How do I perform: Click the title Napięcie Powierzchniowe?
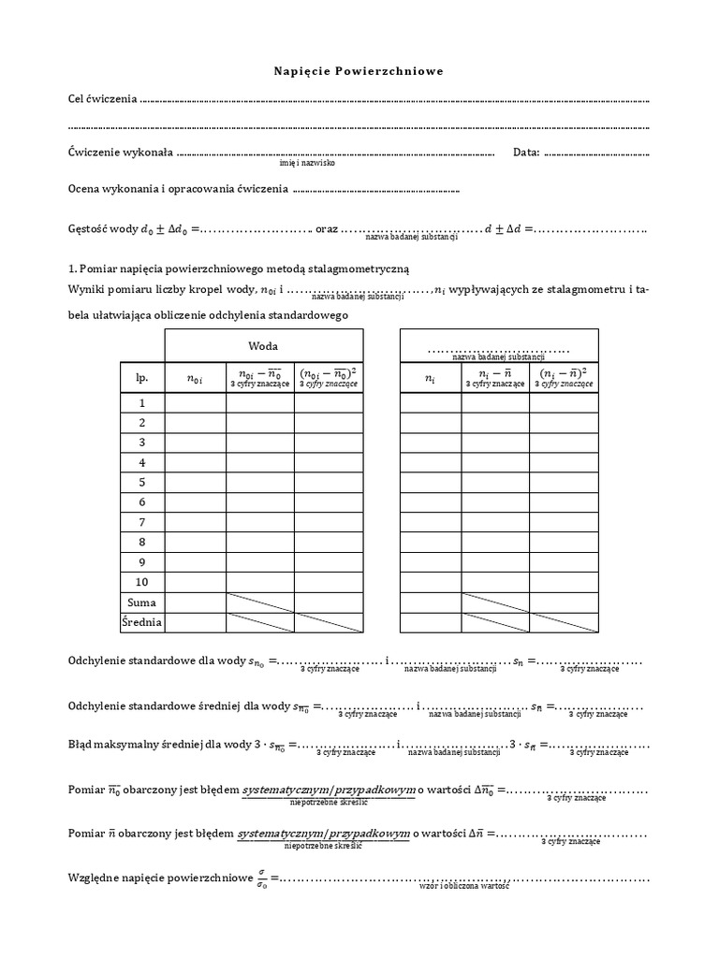click(359, 71)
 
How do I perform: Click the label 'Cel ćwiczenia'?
click(103, 98)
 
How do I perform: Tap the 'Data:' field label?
click(527, 152)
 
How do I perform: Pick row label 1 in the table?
click(142, 403)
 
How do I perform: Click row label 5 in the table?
click(142, 483)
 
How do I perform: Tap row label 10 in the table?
click(142, 583)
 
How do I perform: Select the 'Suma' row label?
click(142, 602)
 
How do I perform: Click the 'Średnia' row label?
click(142, 622)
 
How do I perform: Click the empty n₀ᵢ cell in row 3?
click(196, 443)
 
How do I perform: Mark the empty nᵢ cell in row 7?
click(431, 522)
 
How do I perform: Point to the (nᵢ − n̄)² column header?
click(565, 376)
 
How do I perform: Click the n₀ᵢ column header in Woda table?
click(196, 378)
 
